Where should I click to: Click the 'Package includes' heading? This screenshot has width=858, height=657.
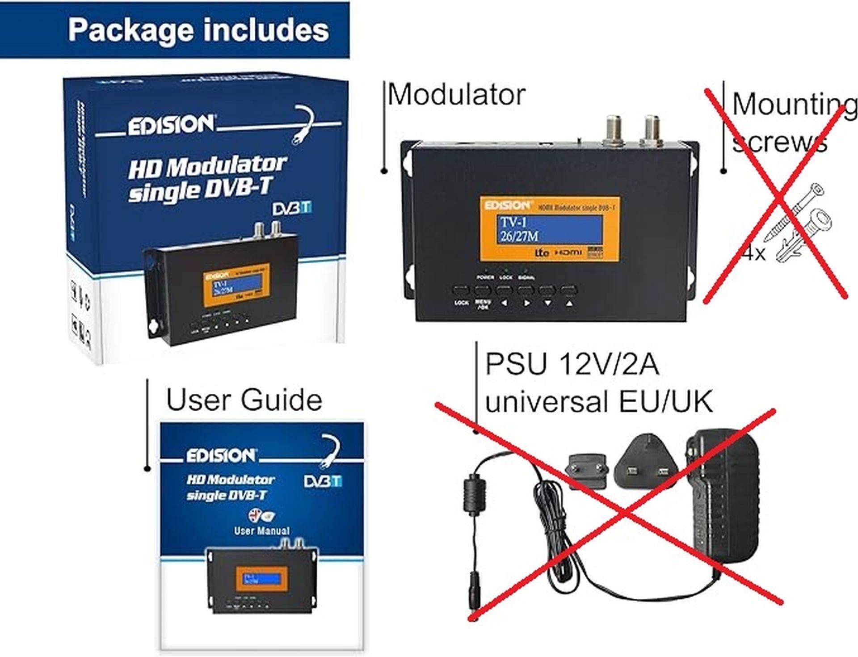tap(198, 30)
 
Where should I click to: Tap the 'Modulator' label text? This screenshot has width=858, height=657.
tap(456, 95)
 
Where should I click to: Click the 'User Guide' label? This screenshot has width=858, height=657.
tap(244, 400)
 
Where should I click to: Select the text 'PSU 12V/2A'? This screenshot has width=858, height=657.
tap(572, 364)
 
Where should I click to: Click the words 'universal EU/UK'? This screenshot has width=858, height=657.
tap(598, 401)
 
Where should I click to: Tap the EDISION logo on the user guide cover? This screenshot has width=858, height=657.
tap(221, 456)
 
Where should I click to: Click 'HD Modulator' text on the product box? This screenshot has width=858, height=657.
tap(207, 166)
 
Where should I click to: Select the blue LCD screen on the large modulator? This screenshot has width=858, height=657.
tap(549, 229)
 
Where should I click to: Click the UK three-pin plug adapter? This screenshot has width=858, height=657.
tap(646, 465)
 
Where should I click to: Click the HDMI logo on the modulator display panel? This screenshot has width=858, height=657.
tap(568, 253)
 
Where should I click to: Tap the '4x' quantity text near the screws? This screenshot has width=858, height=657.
tap(754, 253)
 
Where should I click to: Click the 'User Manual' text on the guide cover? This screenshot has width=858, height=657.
tap(261, 531)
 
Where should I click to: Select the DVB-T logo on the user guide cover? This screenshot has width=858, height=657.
tap(323, 481)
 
